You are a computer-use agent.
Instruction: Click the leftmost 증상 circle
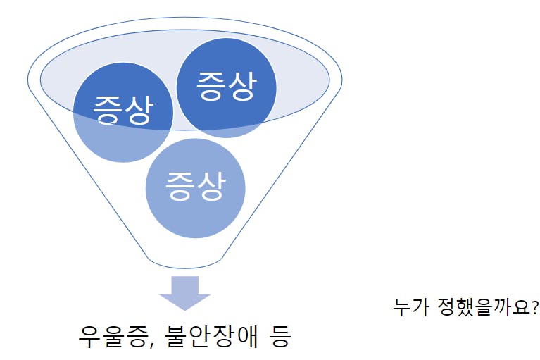[123, 112]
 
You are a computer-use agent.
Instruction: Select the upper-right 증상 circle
[226, 88]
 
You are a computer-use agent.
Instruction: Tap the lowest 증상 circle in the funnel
[195, 188]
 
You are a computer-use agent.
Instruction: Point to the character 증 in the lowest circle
[180, 186]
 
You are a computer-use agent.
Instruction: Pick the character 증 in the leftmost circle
[108, 110]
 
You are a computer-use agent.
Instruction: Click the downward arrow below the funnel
[185, 293]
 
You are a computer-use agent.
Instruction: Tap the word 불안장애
[211, 336]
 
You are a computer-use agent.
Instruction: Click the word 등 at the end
[281, 336]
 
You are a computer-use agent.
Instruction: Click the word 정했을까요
[484, 307]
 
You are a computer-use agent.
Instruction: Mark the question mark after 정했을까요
[535, 306]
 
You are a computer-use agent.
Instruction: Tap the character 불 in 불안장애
[177, 336]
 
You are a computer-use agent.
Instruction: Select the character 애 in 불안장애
[246, 336]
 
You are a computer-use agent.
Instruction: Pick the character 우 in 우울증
[90, 336]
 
